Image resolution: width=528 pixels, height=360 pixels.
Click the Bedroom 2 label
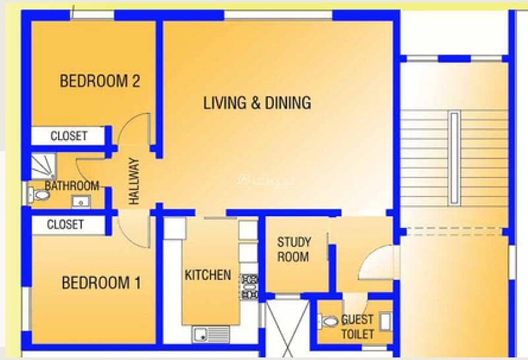point(100,81)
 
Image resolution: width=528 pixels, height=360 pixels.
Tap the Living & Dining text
point(257,103)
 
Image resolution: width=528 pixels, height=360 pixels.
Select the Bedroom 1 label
point(102,283)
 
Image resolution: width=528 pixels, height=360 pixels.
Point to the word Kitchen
point(208,275)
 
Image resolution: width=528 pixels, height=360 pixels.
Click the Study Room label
point(294,250)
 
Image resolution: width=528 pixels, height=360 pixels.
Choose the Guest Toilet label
point(357,326)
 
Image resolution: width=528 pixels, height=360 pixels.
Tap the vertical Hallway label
point(134,181)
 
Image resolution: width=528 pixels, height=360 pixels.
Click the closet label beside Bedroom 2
point(69,136)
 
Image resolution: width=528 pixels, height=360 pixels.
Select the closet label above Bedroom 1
point(65,225)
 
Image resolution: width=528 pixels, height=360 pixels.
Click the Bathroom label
point(72,186)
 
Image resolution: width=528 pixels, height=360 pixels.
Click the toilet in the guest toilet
point(327,321)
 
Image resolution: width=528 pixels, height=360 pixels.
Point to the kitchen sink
point(211,334)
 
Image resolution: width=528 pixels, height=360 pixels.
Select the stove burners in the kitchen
point(249,287)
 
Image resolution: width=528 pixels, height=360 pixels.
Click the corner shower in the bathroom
point(44,166)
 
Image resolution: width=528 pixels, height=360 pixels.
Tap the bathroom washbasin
point(81,202)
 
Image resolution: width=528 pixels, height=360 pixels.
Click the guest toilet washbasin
point(385,322)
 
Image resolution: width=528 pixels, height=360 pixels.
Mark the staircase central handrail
point(454,158)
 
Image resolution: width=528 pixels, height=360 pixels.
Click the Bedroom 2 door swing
point(134,129)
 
